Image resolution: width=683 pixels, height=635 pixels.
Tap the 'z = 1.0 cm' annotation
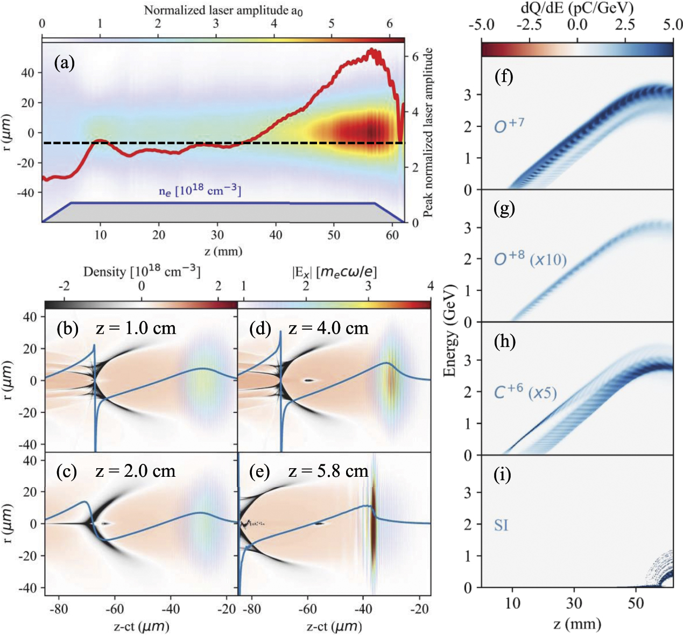[136, 328]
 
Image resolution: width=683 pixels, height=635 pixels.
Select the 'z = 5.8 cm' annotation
[328, 471]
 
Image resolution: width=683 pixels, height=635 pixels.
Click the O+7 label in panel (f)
[509, 126]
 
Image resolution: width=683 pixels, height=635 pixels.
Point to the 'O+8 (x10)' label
[530, 259]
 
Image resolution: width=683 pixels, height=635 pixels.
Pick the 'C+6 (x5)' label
[525, 392]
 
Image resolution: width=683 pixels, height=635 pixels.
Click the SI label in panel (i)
[501, 525]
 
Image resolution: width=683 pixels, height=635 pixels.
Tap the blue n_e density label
[200, 190]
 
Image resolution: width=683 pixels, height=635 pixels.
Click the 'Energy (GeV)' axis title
[451, 330]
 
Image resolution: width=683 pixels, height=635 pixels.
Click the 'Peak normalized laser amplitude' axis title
[428, 132]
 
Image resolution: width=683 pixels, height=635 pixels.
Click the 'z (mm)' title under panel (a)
[223, 251]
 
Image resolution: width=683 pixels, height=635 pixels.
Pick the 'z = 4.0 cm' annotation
[328, 328]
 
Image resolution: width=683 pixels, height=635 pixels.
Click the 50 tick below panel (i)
[636, 603]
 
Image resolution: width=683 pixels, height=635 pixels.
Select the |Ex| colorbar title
[334, 272]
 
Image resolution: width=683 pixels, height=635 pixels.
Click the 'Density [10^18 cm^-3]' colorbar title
[142, 271]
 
